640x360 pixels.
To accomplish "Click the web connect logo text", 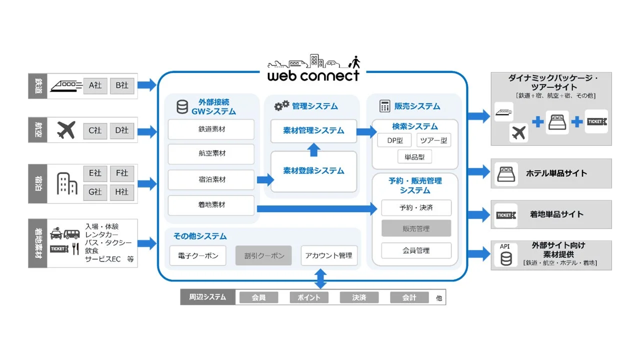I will click(x=313, y=75).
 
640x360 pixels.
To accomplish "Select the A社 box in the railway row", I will click(x=95, y=85).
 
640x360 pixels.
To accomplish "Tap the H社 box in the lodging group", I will click(x=122, y=191).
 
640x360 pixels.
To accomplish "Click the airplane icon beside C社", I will click(x=66, y=130).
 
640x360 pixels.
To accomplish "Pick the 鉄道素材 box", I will click(x=211, y=129).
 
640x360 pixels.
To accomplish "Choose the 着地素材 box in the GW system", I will click(x=211, y=205).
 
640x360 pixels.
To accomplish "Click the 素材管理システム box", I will click(x=313, y=130).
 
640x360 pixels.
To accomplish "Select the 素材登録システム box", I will click(x=313, y=171).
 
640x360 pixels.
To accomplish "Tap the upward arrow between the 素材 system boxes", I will click(x=313, y=149).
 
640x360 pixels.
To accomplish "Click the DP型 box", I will click(x=394, y=140).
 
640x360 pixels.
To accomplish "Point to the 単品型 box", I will click(x=414, y=156).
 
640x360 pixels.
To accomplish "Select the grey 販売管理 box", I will click(x=416, y=228).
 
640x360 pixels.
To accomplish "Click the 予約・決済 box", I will click(x=416, y=207).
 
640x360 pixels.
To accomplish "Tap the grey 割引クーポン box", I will click(x=264, y=255).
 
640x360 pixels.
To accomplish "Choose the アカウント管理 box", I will click(x=329, y=255).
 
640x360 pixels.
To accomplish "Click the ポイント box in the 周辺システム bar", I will click(x=308, y=297).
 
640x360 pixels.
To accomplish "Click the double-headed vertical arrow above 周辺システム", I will click(x=320, y=278).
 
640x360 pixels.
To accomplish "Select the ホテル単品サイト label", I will click(x=556, y=173).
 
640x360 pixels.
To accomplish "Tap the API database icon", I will click(x=506, y=258).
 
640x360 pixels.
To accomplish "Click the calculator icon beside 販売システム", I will click(x=384, y=106).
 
